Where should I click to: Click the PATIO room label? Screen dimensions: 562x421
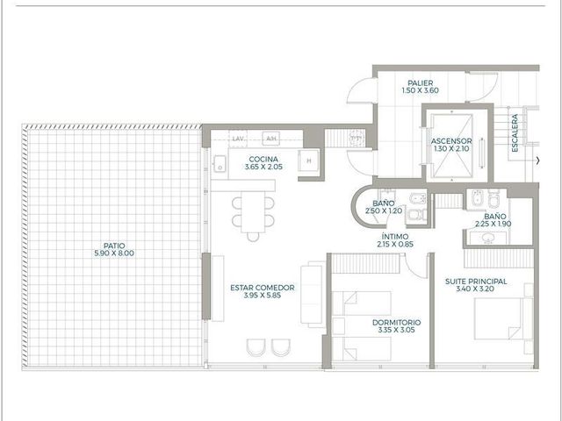point(114,246)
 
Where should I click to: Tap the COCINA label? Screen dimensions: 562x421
point(263,159)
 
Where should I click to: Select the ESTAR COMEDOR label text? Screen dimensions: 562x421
point(263,288)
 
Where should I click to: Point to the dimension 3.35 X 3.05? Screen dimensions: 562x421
point(396,330)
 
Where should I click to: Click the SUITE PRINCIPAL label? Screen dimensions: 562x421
point(476,282)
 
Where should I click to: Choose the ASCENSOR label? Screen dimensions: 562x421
point(451,141)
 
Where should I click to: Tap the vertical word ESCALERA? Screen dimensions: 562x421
point(515,133)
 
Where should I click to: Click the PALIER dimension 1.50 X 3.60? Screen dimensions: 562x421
point(420,90)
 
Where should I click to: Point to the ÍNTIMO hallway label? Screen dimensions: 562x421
point(395,237)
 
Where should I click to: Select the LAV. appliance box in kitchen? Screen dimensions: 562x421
point(238,139)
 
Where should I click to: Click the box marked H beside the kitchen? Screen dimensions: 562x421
point(308,161)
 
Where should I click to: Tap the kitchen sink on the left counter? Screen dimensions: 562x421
point(220,164)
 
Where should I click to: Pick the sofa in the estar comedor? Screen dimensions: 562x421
point(313,295)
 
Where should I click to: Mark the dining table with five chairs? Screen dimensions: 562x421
point(253,213)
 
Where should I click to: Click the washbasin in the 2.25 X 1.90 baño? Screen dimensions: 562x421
point(487,238)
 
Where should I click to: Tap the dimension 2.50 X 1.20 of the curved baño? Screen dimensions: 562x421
point(384,211)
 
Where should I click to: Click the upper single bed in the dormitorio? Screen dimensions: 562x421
point(361,303)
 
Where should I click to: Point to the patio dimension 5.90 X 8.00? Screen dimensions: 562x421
point(114,253)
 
